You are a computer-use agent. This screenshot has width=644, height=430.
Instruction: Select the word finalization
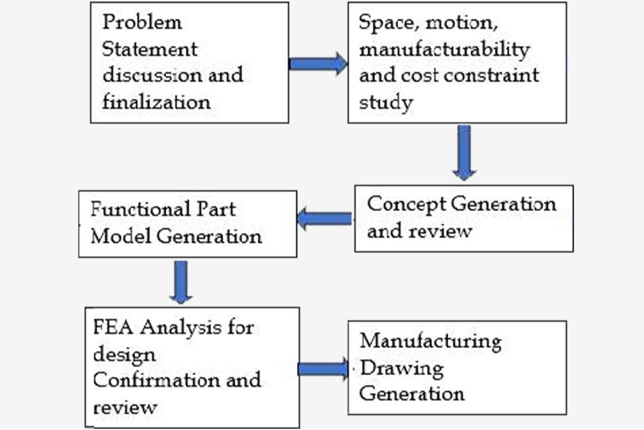(x=157, y=102)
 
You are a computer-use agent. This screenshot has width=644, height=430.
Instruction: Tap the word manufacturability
(x=444, y=50)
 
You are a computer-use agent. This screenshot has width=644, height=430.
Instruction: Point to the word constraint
(x=491, y=75)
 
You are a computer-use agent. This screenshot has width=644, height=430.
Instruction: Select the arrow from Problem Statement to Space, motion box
(x=318, y=64)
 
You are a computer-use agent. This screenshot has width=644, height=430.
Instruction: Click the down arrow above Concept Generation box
(x=464, y=153)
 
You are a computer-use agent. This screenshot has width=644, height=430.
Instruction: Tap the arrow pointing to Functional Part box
(x=324, y=218)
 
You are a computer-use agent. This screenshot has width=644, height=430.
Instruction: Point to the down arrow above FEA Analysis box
(x=181, y=283)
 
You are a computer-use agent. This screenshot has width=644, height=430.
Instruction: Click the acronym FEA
(x=113, y=327)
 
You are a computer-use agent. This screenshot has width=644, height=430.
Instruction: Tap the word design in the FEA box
(x=124, y=355)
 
